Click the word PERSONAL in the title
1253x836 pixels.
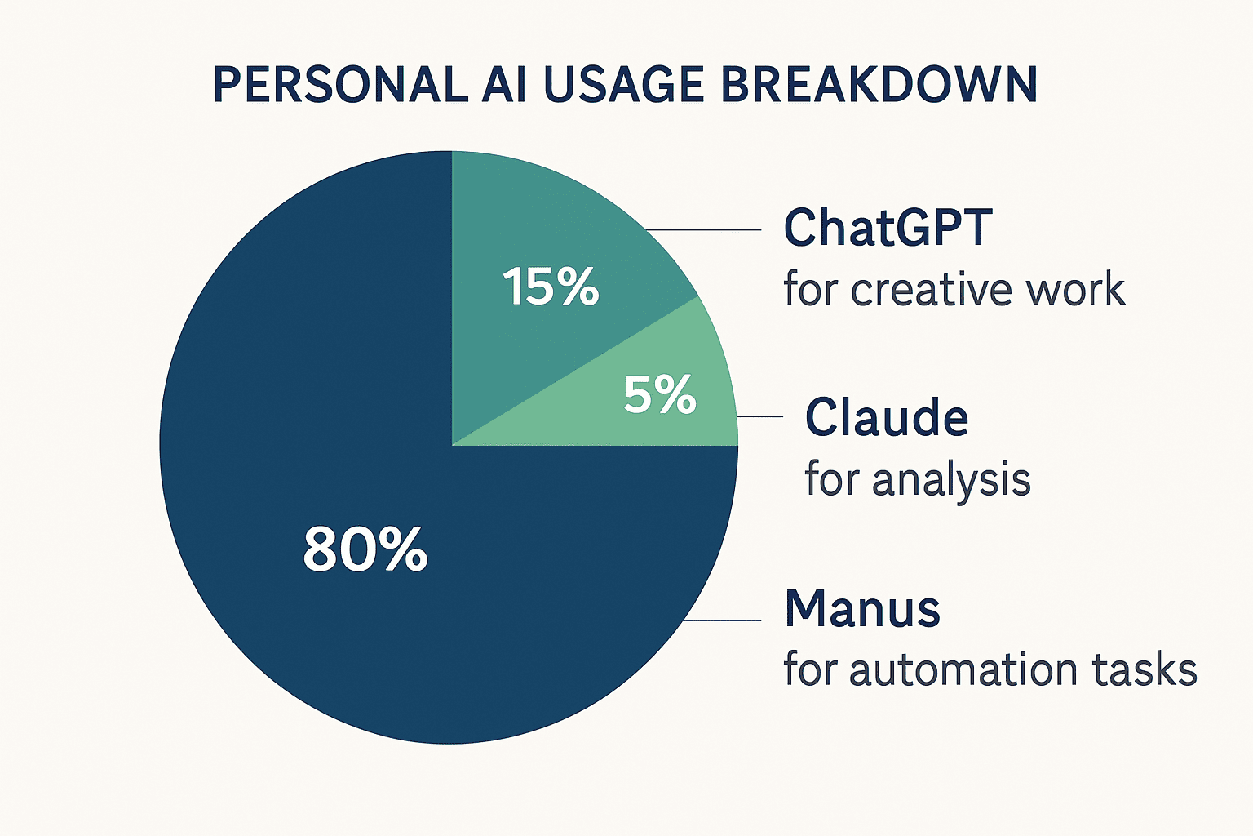point(341,85)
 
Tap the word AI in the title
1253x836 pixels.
point(505,85)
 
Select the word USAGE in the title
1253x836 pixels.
point(623,85)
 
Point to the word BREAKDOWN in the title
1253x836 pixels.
point(879,85)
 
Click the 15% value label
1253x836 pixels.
point(551,286)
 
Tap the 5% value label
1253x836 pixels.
point(660,394)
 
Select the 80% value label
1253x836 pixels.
point(365,549)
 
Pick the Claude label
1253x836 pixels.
point(887,417)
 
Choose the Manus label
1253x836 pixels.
point(862,609)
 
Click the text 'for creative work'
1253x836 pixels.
point(954,289)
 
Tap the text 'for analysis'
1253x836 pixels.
point(918,479)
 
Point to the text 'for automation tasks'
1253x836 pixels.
point(990,669)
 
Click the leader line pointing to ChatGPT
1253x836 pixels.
point(703,230)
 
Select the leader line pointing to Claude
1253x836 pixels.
point(759,417)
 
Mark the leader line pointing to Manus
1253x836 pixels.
point(722,620)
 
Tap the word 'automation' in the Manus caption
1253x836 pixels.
point(962,669)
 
